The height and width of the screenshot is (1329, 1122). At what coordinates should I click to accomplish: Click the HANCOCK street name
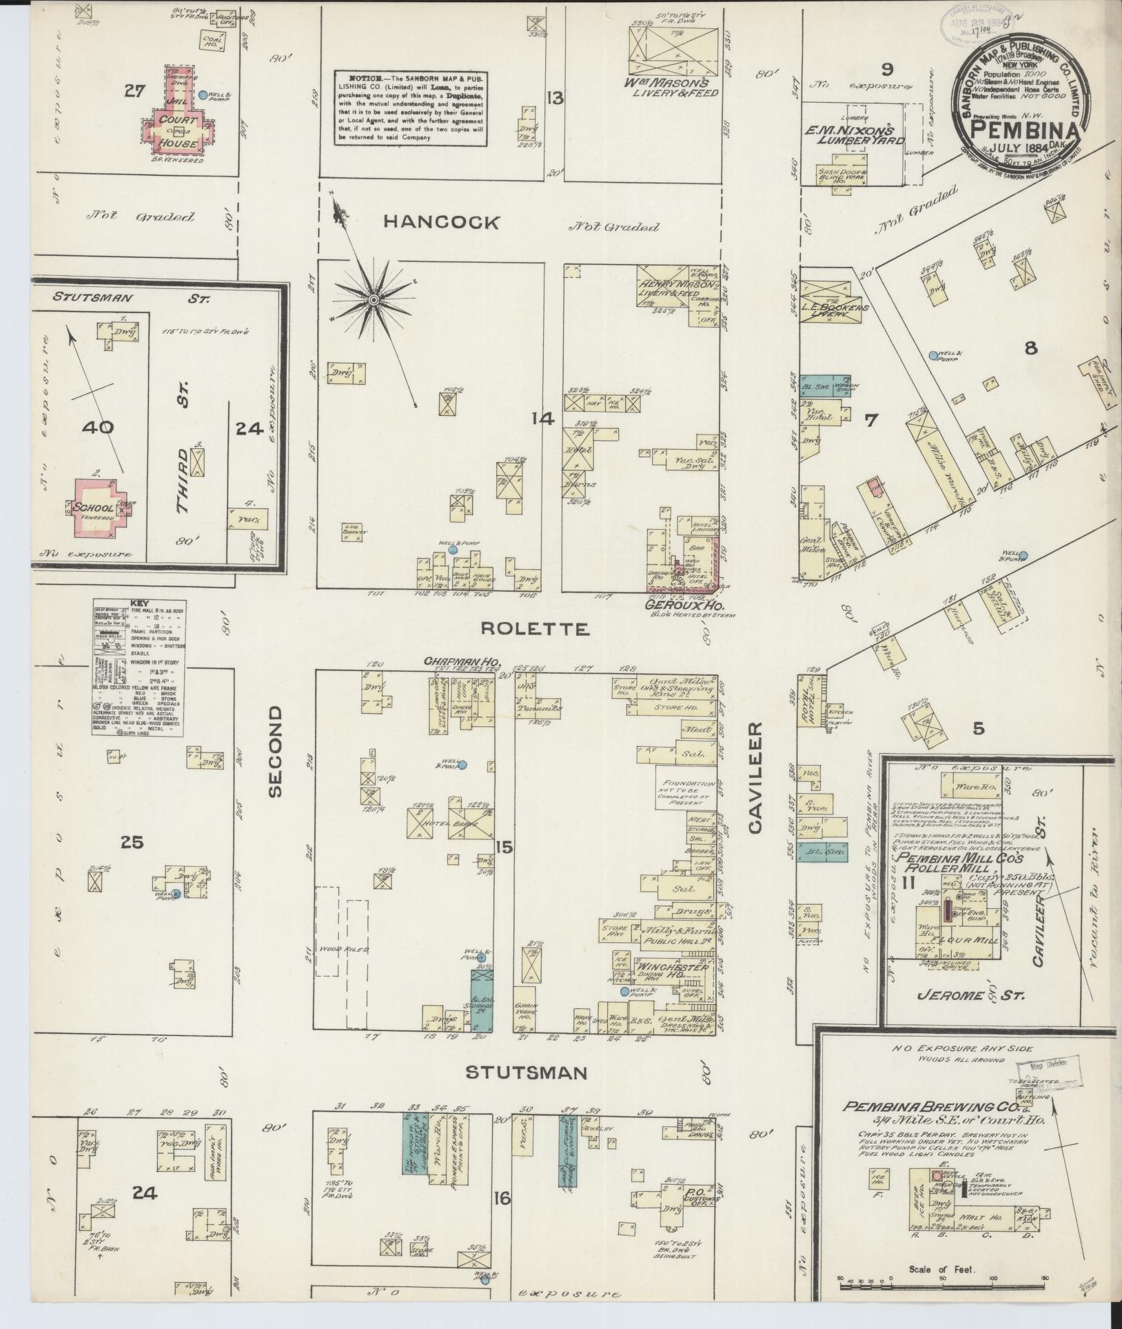point(441,222)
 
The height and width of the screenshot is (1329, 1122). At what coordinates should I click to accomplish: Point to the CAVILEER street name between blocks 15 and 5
point(755,778)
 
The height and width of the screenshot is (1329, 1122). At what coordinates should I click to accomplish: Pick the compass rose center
point(373,299)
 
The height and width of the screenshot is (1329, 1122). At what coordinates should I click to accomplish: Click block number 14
point(543,419)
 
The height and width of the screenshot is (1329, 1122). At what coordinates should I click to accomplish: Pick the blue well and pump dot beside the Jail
point(203,94)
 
